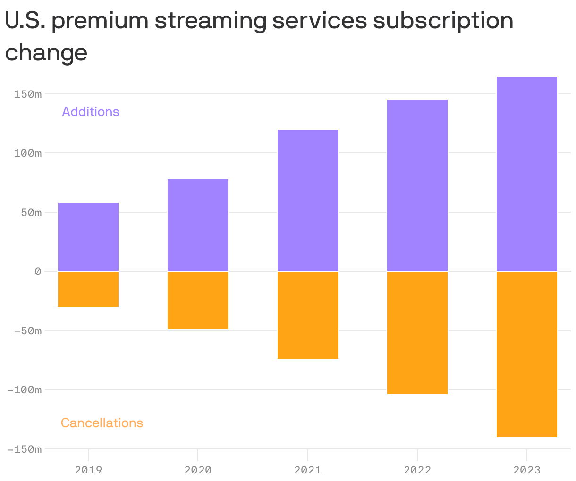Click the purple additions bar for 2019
88,237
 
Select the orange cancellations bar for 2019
88,289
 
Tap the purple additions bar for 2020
198,225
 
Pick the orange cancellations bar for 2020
198,300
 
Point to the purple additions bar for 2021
308,200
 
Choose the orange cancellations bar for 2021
308,315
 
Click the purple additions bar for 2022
417,185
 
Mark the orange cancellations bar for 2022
417,333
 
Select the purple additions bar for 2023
527,174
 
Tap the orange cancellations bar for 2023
527,354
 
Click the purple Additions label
91,112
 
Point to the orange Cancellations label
102,423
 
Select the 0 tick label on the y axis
38,272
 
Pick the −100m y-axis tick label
25,390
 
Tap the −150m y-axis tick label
25,449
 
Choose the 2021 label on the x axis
308,470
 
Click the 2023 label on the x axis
527,470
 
